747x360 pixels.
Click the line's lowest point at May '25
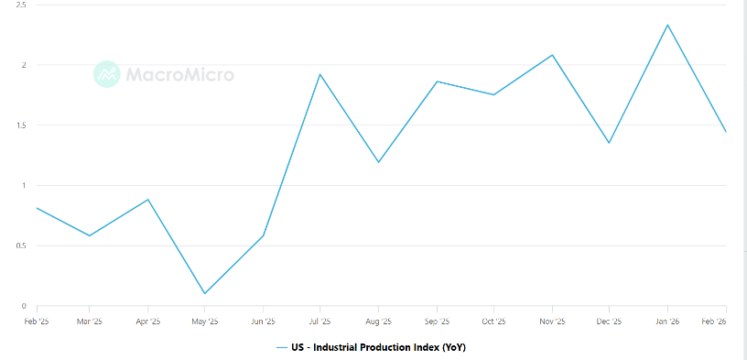pos(205,293)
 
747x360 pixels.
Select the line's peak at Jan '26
pos(667,25)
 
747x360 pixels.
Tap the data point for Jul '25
pos(320,74)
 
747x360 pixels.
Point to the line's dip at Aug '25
pos(378,162)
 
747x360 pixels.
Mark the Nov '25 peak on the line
pos(552,55)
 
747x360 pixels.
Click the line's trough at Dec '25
pos(609,143)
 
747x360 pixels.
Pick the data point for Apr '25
pos(147,200)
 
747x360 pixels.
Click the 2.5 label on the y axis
pos(20,5)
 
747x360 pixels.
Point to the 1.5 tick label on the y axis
pos(20,125)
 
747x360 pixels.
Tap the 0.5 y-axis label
pos(20,246)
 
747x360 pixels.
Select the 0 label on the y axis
pos(24,306)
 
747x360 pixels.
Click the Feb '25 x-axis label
pos(37,322)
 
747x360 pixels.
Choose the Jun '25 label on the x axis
pos(263,322)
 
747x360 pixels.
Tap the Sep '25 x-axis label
pos(437,322)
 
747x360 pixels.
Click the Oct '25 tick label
pos(494,322)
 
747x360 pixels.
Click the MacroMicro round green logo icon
pos(107,74)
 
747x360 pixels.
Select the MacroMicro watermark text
pos(180,74)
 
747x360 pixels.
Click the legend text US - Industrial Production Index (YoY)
pos(378,347)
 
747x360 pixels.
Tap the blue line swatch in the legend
pos(282,347)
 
